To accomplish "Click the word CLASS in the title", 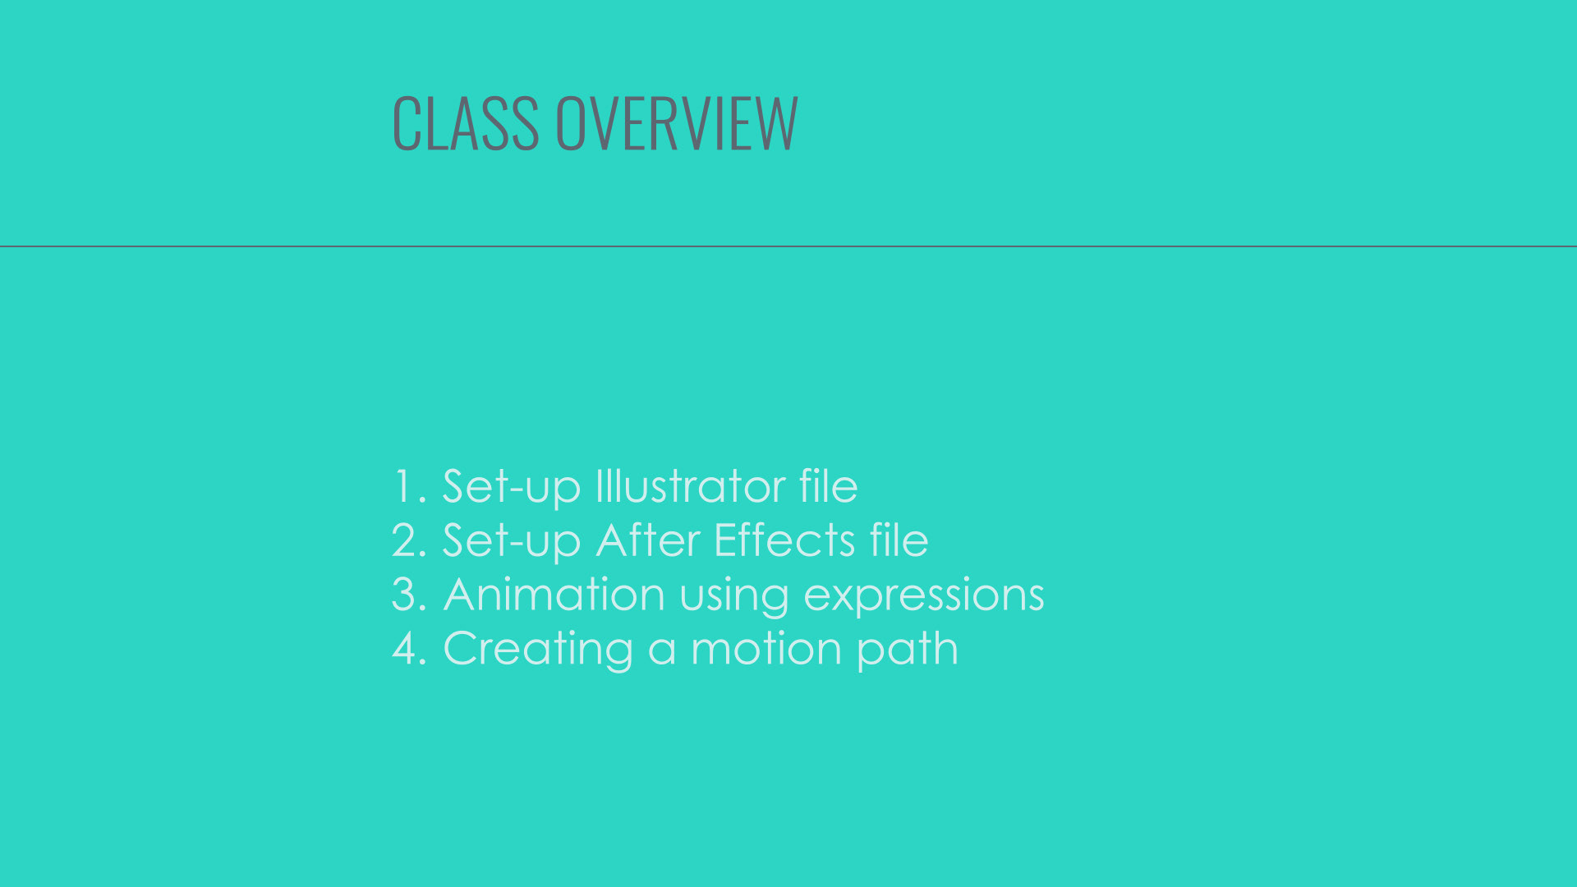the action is (466, 123).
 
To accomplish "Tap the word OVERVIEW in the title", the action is (677, 123).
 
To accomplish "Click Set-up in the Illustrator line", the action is (512, 487).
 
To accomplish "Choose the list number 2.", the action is (410, 540).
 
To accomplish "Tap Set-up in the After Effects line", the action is (512, 541).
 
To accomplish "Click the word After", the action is (649, 540).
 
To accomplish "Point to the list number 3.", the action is (410, 594).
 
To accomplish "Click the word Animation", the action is (554, 594).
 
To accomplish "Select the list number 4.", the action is (410, 648).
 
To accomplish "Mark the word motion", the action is (766, 648).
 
